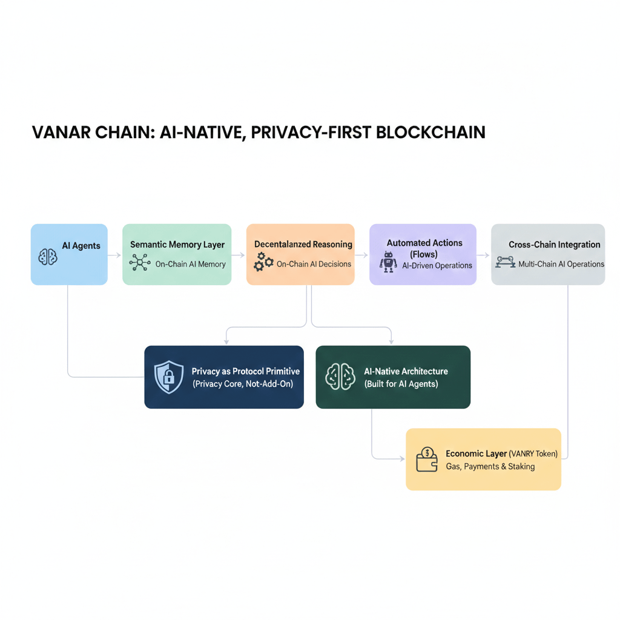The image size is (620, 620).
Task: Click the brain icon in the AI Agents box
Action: (48, 257)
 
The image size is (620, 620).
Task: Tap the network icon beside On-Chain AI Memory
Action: (140, 263)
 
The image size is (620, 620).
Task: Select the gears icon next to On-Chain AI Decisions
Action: (263, 262)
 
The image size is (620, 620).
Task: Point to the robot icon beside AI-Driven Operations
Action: (388, 262)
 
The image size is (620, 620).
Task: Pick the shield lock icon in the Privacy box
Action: (169, 377)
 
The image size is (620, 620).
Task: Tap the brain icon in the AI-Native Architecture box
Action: (340, 377)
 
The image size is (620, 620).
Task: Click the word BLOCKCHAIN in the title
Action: (430, 132)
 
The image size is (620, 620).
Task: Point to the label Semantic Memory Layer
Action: (177, 245)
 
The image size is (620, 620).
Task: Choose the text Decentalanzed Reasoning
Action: (303, 244)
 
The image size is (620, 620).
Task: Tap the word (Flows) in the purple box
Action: (424, 254)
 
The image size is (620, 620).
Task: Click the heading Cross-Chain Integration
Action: (554, 245)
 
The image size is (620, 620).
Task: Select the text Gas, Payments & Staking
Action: (490, 466)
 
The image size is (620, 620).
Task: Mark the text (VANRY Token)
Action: (533, 453)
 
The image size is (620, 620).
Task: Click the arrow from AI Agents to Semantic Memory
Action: (115, 256)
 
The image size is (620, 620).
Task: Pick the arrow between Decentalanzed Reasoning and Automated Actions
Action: (361, 256)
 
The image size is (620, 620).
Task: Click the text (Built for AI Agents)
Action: (401, 384)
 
